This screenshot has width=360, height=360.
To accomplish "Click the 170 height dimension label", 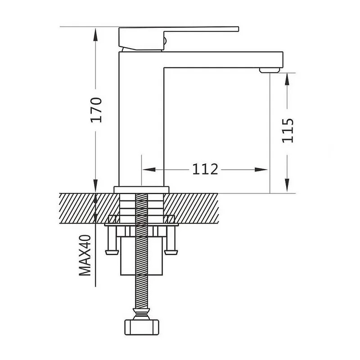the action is click(96, 110).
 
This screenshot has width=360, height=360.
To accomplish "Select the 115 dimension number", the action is click(288, 130).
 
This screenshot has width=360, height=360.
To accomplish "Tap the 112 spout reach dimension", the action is click(205, 169).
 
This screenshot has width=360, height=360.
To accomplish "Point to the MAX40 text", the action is click(85, 255).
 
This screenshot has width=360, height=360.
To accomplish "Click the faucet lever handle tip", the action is click(238, 29).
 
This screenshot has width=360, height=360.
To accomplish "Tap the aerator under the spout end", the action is click(270, 70).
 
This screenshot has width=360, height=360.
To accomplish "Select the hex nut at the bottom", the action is click(142, 327).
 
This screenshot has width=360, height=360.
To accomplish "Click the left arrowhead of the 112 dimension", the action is click(149, 170).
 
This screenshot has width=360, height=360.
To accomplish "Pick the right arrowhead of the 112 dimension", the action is click(261, 170).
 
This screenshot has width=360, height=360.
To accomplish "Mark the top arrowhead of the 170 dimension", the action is click(95, 35).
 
